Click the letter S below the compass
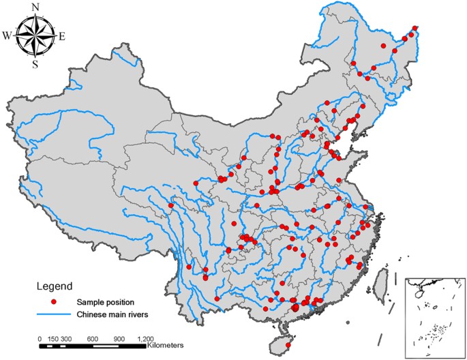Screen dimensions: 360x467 35,65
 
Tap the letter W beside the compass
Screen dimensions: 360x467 7,36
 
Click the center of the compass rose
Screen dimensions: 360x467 35,36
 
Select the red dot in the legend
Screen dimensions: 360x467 52,301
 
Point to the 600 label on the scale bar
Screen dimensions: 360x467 93,338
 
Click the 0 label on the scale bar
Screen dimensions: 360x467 40,338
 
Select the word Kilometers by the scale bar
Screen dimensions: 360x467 169,346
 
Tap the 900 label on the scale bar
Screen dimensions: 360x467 119,338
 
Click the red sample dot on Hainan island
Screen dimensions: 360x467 288,346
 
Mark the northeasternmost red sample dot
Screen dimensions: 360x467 415,29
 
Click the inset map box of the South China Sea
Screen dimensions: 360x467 433,317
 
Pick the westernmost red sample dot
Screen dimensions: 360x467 170,204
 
